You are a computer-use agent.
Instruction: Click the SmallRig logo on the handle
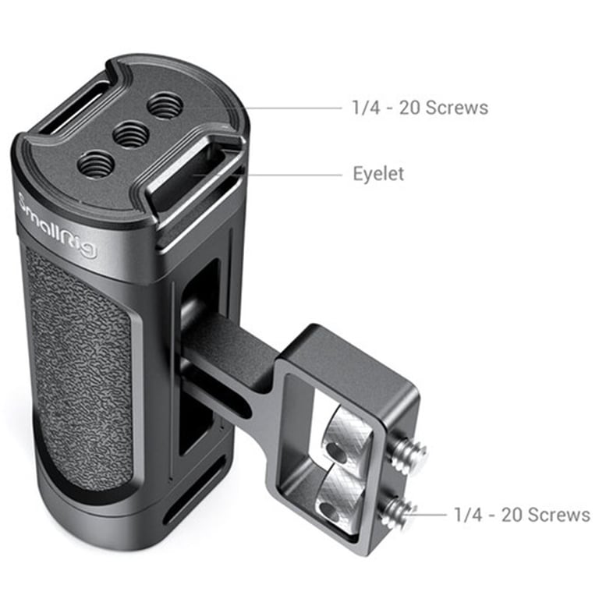pos(57,226)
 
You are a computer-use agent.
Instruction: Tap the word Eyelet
pos(378,174)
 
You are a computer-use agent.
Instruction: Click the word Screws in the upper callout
pos(456,108)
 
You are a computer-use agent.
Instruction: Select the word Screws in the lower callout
pos(559,515)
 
